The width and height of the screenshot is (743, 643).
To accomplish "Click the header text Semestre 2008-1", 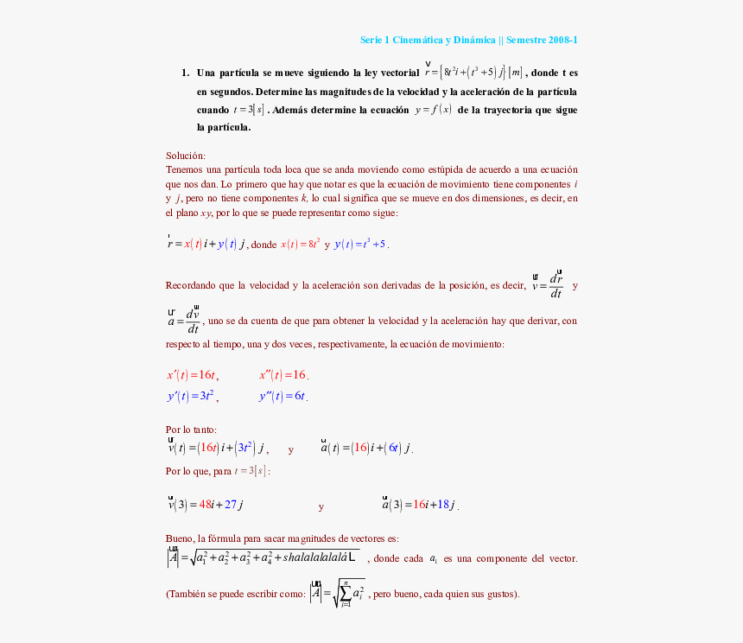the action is tap(542, 40).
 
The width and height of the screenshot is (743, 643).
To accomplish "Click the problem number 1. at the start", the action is tap(185, 73).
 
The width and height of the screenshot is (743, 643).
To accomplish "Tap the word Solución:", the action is tap(186, 156).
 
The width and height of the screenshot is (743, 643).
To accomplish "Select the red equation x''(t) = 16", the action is tap(283, 375).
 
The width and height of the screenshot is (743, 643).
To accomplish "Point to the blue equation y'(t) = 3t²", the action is tap(192, 397).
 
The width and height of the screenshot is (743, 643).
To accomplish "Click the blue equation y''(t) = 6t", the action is tap(283, 397).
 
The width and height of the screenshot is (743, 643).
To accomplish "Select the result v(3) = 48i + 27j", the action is tap(206, 505).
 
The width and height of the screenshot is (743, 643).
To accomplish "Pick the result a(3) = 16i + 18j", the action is tap(421, 505).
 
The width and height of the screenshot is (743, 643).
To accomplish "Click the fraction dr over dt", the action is tap(556, 286).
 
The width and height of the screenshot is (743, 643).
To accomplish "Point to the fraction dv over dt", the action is tap(193, 321).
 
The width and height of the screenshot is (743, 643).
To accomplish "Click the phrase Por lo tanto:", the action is tap(192, 430).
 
